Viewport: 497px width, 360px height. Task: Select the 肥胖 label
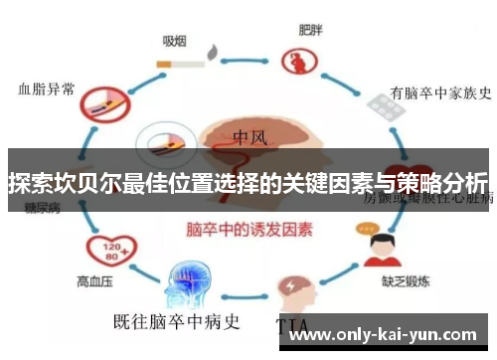(310, 29)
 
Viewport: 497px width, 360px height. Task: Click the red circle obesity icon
(296, 63)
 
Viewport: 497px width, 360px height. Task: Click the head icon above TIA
(297, 287)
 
